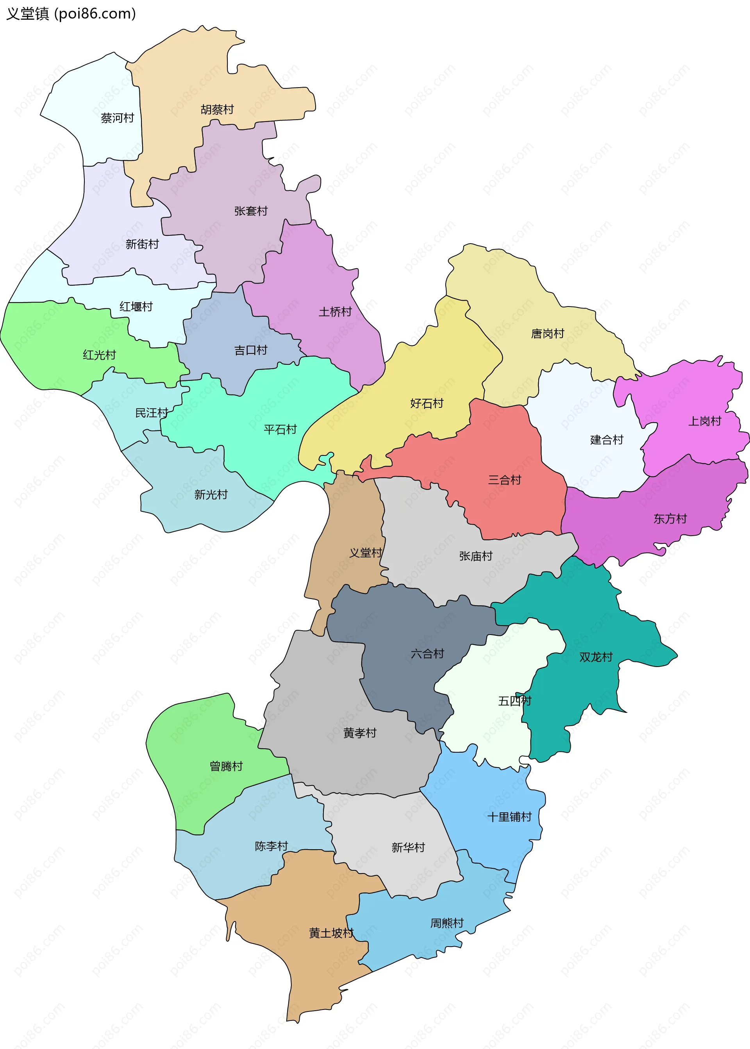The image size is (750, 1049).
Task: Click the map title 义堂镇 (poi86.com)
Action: [x=71, y=14]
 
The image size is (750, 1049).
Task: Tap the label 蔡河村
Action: [x=117, y=118]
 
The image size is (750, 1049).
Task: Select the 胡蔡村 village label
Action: [x=217, y=109]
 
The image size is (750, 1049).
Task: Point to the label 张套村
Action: [x=251, y=211]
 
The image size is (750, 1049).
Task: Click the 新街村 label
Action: [x=142, y=244]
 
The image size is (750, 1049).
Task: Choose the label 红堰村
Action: [x=136, y=307]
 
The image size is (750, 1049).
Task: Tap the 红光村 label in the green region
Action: [x=99, y=355]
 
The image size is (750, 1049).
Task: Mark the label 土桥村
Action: [x=335, y=312]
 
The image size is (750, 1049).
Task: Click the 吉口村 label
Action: [x=250, y=350]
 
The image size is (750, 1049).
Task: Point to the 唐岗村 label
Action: [x=547, y=334]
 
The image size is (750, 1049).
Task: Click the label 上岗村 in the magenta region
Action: [x=704, y=421]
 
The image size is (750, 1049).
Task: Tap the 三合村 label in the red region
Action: [x=504, y=480]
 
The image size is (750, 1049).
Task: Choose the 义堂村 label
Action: [x=365, y=553]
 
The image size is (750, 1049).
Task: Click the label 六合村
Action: [x=427, y=654]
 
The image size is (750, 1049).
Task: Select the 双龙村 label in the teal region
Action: [x=596, y=657]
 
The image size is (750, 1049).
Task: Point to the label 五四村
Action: [x=514, y=701]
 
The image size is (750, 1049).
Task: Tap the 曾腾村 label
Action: [x=226, y=766]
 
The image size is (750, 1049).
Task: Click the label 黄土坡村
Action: [x=331, y=933]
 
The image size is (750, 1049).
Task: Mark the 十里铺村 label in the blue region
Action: [x=509, y=817]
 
